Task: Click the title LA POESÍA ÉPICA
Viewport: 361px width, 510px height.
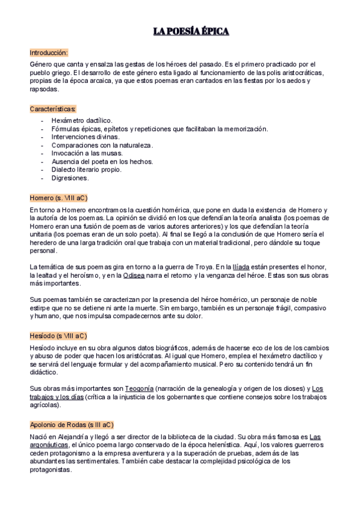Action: (191, 31)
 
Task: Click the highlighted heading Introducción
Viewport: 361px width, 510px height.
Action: (49, 52)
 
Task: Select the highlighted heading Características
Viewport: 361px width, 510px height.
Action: (53, 109)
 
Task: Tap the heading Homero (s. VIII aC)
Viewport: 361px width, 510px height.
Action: (58, 197)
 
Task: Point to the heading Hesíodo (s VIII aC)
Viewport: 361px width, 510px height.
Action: (58, 336)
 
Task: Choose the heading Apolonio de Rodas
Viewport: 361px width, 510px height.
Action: (71, 425)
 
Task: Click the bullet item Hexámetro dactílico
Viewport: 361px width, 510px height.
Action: (82, 120)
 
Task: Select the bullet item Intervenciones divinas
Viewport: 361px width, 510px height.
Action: (85, 137)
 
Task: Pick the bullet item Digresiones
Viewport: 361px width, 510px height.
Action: (70, 178)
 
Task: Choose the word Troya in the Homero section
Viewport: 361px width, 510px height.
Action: (202, 266)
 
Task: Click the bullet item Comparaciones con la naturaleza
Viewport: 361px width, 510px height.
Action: (102, 145)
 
